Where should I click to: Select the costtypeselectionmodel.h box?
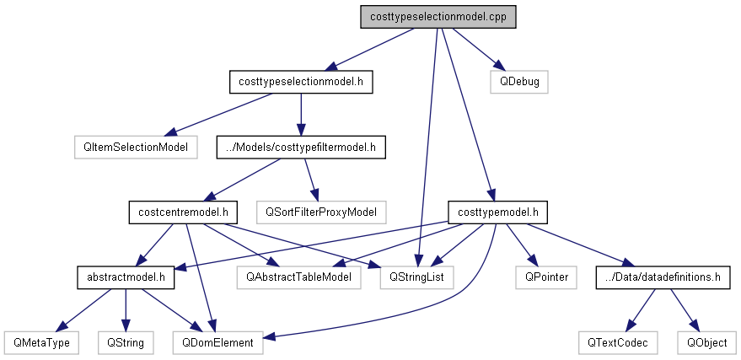pos(301,82)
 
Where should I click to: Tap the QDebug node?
pos(518,82)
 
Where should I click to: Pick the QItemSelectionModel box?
pos(135,147)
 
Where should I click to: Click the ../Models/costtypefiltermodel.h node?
pos(301,147)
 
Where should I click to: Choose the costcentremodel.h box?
pos(182,211)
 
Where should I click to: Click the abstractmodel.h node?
pos(126,276)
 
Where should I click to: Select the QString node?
pos(126,342)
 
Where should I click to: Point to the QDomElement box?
pos(217,342)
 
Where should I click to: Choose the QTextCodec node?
pos(619,342)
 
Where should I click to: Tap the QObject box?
pos(706,342)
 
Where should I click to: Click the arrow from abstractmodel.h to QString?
pos(126,309)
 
